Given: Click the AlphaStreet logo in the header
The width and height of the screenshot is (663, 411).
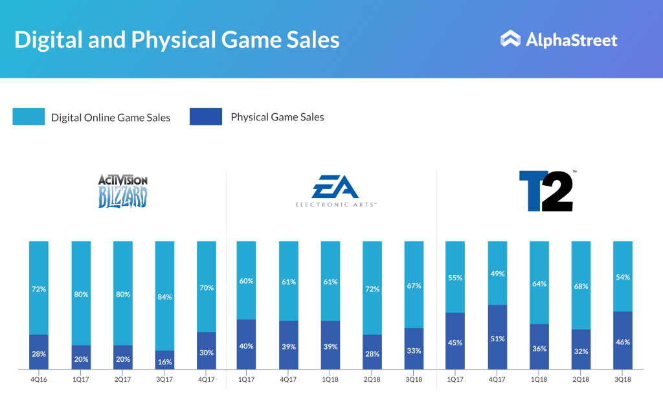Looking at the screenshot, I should [x=559, y=39].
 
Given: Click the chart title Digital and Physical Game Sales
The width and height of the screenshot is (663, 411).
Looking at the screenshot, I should [x=177, y=39].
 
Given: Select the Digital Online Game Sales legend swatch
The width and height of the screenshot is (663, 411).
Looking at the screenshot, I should [x=28, y=117].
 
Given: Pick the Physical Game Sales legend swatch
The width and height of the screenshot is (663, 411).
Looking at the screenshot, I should [x=206, y=117].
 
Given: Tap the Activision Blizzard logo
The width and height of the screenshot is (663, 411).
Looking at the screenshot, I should [x=123, y=191].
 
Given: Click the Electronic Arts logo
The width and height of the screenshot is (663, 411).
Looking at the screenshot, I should [x=335, y=193].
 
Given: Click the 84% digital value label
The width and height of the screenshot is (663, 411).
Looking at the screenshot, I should [x=164, y=297].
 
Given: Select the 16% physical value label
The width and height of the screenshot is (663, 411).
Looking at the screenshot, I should [x=164, y=361].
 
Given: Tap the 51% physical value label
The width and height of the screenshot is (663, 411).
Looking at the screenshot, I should [x=497, y=338].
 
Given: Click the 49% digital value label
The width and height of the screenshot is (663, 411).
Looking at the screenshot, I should [x=497, y=274].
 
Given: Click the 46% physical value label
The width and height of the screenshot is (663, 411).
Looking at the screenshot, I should [x=623, y=341].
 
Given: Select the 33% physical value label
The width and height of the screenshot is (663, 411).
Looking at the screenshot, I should [x=414, y=350].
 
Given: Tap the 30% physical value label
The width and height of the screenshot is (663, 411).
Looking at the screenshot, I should [x=207, y=352].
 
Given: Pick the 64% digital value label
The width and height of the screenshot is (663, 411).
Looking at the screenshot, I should [x=539, y=283].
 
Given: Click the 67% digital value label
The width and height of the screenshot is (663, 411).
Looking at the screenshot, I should [x=414, y=285].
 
